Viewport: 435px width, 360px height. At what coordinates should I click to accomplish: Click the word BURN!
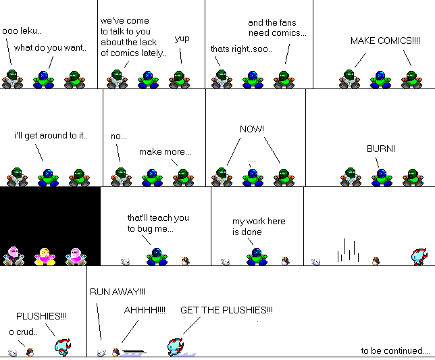[x=381, y=149]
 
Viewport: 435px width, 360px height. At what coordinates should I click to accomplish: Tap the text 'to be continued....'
[x=396, y=351]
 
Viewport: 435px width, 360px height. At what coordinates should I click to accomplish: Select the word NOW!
[x=252, y=129]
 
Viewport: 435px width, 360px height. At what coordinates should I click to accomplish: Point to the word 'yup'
[x=182, y=38]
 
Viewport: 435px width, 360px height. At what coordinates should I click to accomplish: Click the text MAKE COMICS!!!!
[x=385, y=41]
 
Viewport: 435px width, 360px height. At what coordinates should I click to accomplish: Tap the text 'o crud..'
[x=23, y=332]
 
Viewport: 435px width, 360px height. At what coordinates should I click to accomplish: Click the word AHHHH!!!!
[x=145, y=310]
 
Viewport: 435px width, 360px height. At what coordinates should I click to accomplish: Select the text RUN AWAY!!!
[x=118, y=292]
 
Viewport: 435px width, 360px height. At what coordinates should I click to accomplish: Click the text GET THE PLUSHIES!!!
[x=226, y=310]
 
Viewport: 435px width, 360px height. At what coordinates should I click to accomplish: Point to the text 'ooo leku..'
[x=22, y=31]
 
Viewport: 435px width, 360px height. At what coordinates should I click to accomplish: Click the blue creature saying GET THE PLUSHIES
[x=176, y=347]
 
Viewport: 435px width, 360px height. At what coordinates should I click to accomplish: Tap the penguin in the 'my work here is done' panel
[x=286, y=261]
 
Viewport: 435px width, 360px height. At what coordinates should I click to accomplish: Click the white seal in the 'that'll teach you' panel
[x=126, y=262]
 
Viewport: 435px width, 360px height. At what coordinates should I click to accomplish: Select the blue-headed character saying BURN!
[x=382, y=178]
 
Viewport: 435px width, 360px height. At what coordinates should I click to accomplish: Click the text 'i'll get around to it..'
[x=51, y=136]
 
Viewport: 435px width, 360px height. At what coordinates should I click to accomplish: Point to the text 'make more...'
[x=165, y=152]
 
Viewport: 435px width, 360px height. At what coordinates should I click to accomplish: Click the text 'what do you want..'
[x=50, y=48]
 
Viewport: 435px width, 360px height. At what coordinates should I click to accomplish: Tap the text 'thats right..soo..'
[x=241, y=49]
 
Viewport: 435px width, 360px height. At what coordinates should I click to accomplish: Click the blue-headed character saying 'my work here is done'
[x=257, y=257]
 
